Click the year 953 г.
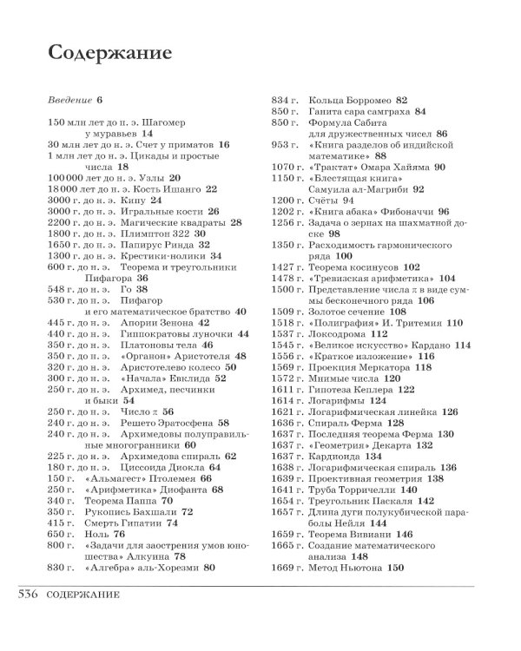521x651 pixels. coord(285,144)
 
